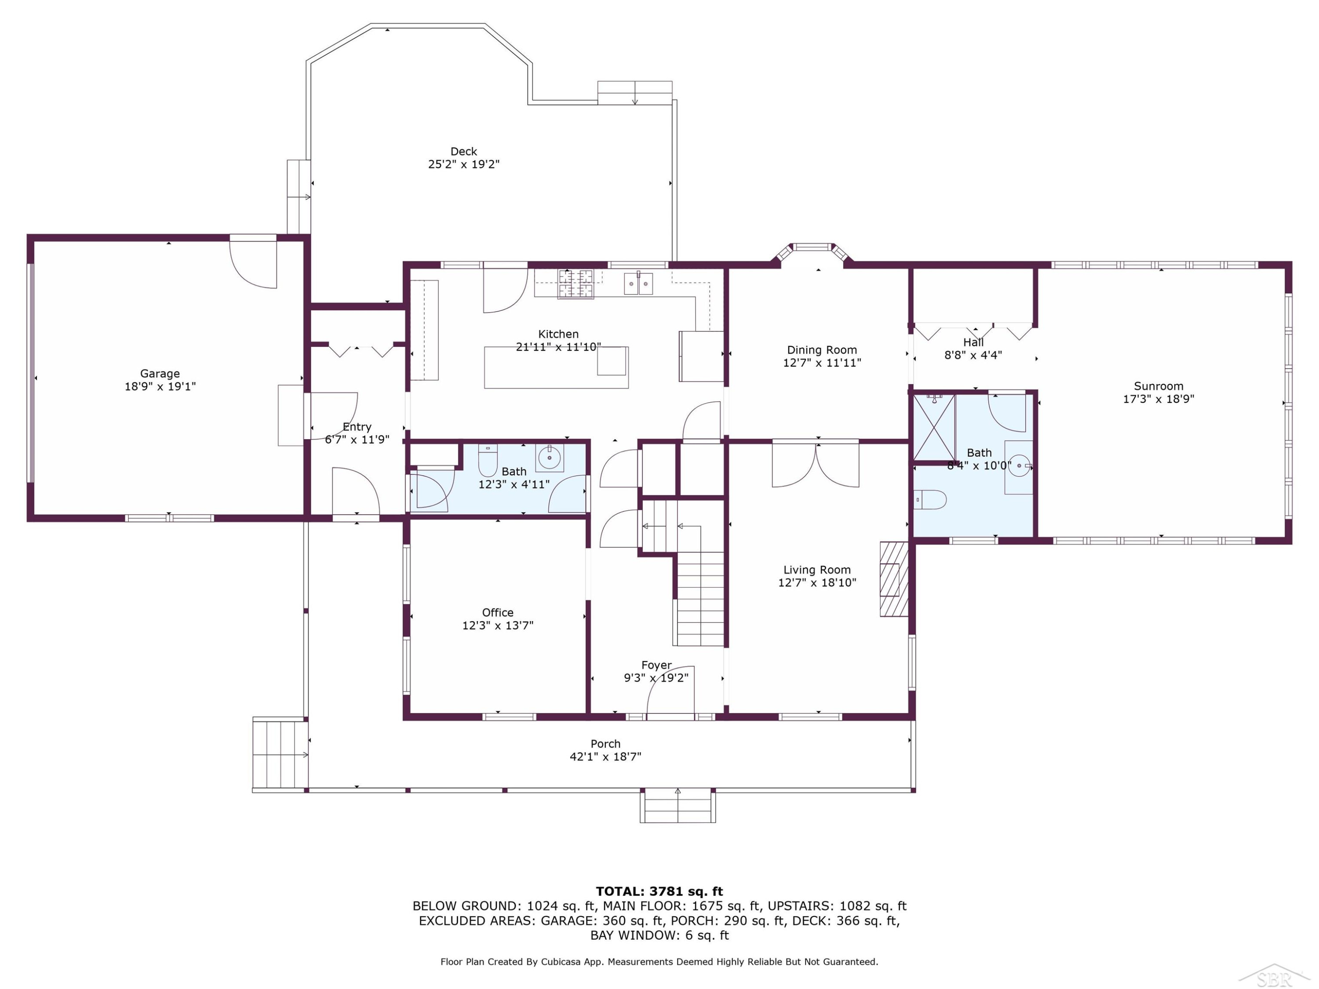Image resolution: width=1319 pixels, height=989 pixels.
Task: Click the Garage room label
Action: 160,374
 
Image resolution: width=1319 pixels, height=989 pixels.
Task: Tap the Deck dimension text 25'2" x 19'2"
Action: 464,164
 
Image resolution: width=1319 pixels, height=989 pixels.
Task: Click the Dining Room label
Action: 822,350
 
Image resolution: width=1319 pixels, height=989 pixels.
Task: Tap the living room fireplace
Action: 894,579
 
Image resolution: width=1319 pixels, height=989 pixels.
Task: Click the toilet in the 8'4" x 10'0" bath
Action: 930,500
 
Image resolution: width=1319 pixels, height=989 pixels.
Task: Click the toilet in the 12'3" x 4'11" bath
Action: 488,460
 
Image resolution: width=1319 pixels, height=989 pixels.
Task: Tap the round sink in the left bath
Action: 549,458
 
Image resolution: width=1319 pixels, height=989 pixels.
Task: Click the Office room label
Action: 498,613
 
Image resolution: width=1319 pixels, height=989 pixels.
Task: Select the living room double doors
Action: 816,465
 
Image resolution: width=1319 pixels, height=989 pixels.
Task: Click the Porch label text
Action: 606,744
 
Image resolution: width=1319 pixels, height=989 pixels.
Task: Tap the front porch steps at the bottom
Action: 678,806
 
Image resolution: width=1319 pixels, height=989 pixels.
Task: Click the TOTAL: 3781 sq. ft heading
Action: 659,892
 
